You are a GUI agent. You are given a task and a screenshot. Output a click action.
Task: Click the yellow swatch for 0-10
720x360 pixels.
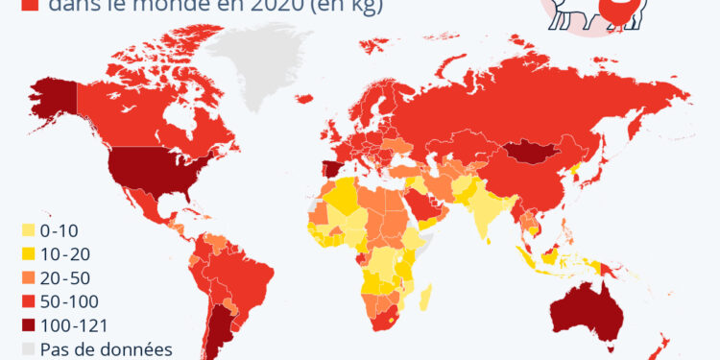point(29,230)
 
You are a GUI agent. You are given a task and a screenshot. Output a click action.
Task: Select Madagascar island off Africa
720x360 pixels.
point(425,292)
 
